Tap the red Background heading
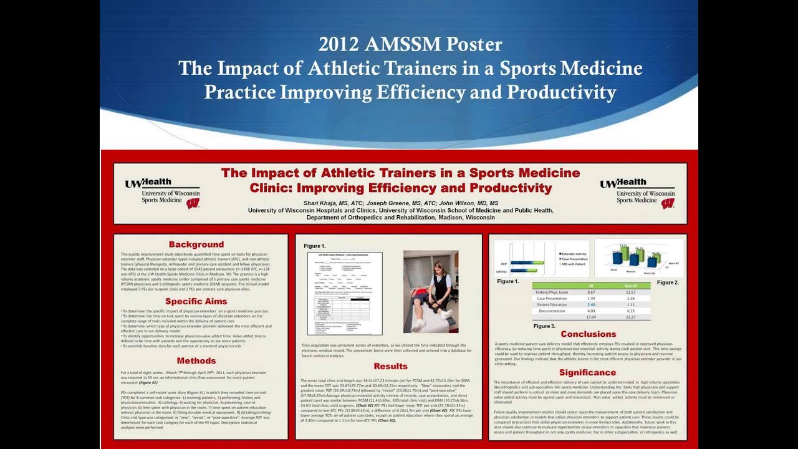[x=196, y=244]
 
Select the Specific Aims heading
[x=196, y=302]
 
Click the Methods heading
[x=196, y=360]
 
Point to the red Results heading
[x=390, y=366]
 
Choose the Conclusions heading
[x=588, y=334]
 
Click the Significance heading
[x=587, y=372]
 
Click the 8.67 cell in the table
[x=591, y=292]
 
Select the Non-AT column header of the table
[x=630, y=286]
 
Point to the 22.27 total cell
[x=630, y=317]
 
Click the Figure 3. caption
[x=544, y=326]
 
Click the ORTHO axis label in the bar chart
[x=501, y=272]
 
